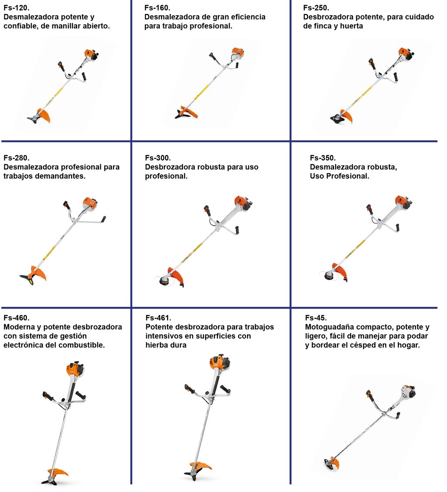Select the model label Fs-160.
click(157, 8)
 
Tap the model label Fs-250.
click(316, 8)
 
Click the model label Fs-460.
click(16, 318)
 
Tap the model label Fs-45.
click(316, 318)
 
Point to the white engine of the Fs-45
click(406, 392)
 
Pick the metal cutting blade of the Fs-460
click(49, 480)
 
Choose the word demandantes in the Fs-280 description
click(60, 176)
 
